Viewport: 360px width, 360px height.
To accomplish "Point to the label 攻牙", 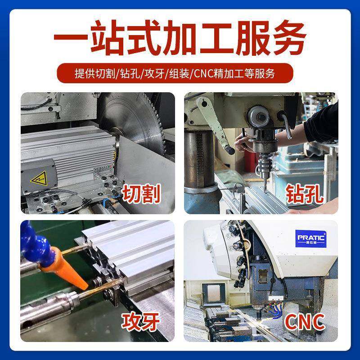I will point(143,322).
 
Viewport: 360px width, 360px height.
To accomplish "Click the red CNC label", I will point(305,322).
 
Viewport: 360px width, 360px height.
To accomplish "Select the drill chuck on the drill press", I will point(261,160).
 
